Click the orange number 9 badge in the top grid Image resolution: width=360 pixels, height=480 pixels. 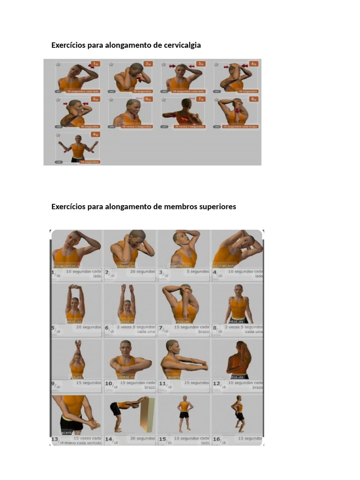point(96,134)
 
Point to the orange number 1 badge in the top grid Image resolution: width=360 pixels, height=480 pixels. point(96,64)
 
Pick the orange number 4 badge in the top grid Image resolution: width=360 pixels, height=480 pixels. point(254,64)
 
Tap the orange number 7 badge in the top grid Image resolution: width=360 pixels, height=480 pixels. point(201,99)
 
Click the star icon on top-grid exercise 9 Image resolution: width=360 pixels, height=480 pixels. point(58,135)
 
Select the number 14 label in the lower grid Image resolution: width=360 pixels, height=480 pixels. point(109,439)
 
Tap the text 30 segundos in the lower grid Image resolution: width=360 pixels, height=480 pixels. point(142,438)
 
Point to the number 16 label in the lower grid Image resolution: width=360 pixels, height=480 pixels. point(217,439)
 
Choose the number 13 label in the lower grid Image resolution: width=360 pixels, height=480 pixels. point(55,439)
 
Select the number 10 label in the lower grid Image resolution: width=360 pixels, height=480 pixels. point(109,384)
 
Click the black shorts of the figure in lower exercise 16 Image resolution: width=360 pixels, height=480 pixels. point(240,416)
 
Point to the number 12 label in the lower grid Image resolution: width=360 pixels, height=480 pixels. point(217,384)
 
